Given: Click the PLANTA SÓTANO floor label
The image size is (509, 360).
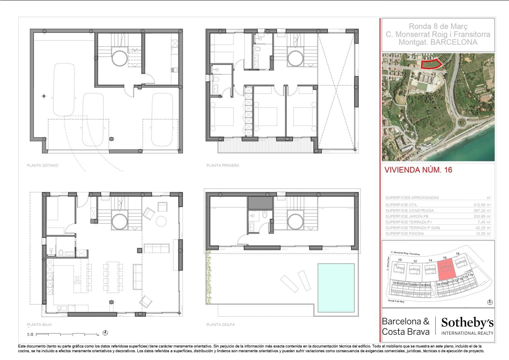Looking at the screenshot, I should pyautogui.click(x=42, y=165).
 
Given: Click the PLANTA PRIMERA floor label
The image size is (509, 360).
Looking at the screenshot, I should pyautogui.click(x=223, y=165).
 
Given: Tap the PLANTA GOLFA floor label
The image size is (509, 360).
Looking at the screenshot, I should pyautogui.click(x=220, y=325).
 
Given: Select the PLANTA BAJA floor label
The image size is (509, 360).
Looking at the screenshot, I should pyautogui.click(x=39, y=325).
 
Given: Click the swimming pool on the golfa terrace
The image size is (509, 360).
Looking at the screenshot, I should pyautogui.click(x=336, y=288).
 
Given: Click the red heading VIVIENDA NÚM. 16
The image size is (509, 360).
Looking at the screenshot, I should pyautogui.click(x=418, y=170).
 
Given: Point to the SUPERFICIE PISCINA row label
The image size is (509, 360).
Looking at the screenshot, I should pyautogui.click(x=404, y=233).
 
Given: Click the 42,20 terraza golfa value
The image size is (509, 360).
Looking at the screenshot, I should pyautogui.click(x=481, y=228).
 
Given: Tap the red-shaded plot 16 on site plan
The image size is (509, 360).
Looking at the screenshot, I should pyautogui.click(x=447, y=269).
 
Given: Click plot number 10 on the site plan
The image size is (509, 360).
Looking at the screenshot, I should pyautogui.click(x=400, y=260).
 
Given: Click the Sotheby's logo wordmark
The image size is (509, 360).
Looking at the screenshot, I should pyautogui.click(x=467, y=323).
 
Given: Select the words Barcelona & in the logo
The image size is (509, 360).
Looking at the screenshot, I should pyautogui.click(x=405, y=322).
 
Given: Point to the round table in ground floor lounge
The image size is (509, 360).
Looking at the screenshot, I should pyautogui.click(x=161, y=221).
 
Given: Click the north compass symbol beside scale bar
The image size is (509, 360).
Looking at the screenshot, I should pyautogui.click(x=105, y=333).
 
